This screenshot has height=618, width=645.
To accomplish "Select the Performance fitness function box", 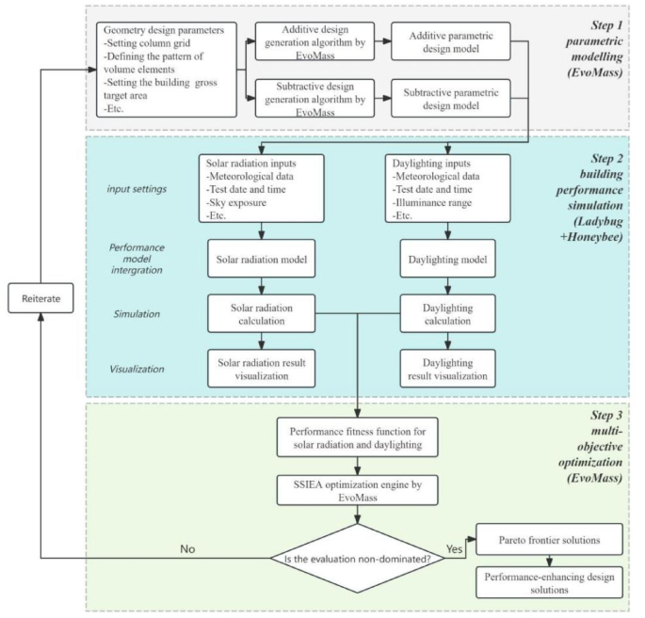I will point(359,438).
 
